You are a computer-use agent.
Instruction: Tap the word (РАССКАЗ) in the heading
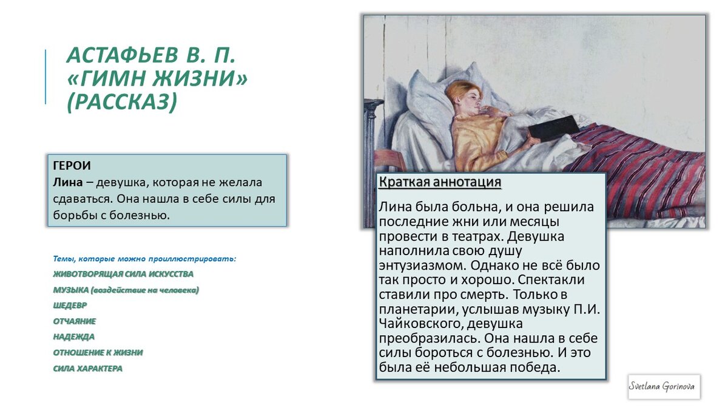click(121, 102)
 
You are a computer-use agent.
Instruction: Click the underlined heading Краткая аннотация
click(440, 182)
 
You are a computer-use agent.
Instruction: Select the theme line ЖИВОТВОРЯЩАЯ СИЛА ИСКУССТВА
click(123, 274)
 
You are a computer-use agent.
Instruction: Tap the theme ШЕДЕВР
click(70, 306)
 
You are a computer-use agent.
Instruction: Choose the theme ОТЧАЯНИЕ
click(74, 321)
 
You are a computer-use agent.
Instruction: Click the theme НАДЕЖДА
click(73, 337)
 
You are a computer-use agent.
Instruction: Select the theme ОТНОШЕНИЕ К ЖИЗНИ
click(98, 352)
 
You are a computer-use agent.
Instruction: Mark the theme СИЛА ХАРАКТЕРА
click(87, 368)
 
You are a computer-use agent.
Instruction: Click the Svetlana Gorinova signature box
click(664, 386)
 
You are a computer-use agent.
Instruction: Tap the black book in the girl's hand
click(553, 128)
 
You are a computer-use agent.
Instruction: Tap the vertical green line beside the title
click(45, 77)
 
